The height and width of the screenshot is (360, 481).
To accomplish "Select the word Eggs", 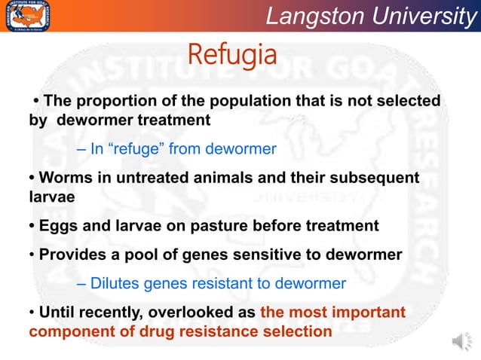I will pyautogui.click(x=57, y=226).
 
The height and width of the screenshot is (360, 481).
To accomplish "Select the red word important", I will pyautogui.click(x=366, y=312).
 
